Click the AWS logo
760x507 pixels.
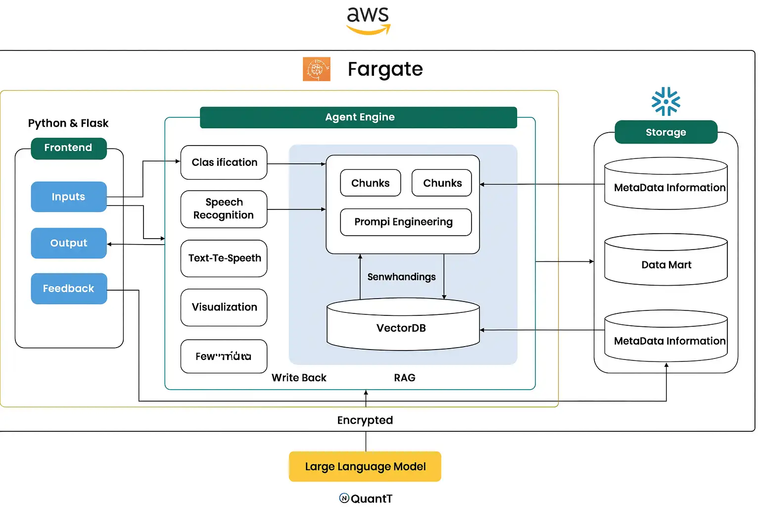click(368, 20)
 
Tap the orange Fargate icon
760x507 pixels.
click(317, 69)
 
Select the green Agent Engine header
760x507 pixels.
click(359, 117)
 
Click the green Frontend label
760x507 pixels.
click(69, 148)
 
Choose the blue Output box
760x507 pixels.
click(69, 243)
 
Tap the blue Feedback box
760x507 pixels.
click(69, 289)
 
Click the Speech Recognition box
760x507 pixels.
click(224, 209)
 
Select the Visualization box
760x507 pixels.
click(224, 307)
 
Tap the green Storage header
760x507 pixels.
click(666, 132)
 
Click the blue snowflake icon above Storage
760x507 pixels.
click(666, 101)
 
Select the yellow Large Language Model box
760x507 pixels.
click(365, 466)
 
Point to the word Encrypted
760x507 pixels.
click(365, 420)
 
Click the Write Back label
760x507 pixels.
click(299, 378)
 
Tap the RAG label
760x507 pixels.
click(405, 378)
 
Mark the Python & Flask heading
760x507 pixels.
click(68, 123)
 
